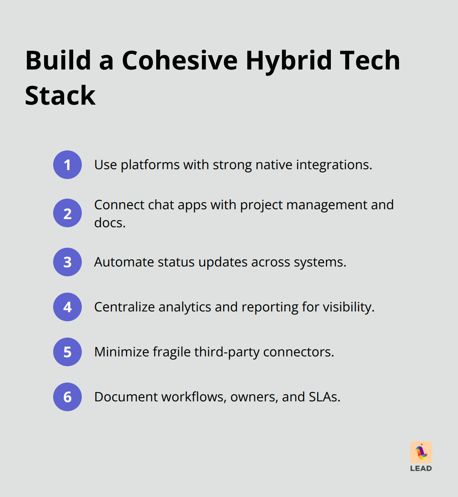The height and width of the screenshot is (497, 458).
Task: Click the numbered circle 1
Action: (67, 165)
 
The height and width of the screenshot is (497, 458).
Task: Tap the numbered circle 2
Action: (67, 213)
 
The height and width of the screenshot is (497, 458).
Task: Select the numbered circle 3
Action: (67, 262)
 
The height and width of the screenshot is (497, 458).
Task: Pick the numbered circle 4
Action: (67, 307)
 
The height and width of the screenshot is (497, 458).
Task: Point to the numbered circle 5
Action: (67, 352)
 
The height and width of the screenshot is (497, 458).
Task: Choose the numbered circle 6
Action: (67, 397)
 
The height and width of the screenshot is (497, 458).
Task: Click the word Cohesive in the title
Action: (180, 60)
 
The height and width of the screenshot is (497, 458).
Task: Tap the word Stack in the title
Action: (60, 96)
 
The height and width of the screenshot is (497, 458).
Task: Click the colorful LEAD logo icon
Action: (421, 452)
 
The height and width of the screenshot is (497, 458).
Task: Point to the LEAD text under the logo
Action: (421, 468)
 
